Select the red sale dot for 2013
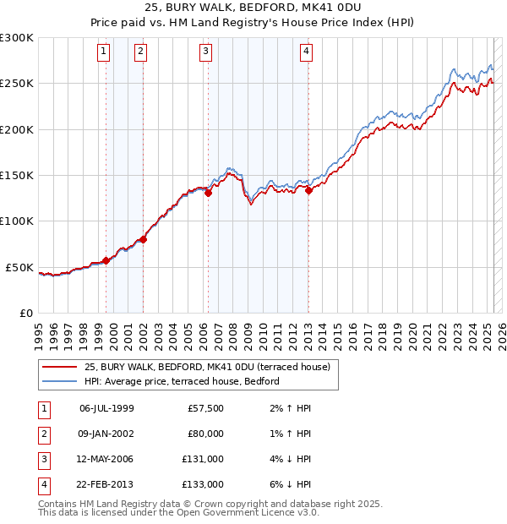[x=309, y=190]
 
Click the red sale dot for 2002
[x=144, y=239]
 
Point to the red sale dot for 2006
[x=208, y=193]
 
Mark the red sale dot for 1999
[x=106, y=260]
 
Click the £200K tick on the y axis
[x=17, y=130]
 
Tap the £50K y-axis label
[x=19, y=267]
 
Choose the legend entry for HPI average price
[x=181, y=382]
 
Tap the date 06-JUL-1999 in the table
[x=106, y=408]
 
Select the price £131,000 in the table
[x=203, y=459]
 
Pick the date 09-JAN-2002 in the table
[x=107, y=434]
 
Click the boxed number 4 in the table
[x=43, y=484]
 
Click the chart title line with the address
[x=253, y=10]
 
